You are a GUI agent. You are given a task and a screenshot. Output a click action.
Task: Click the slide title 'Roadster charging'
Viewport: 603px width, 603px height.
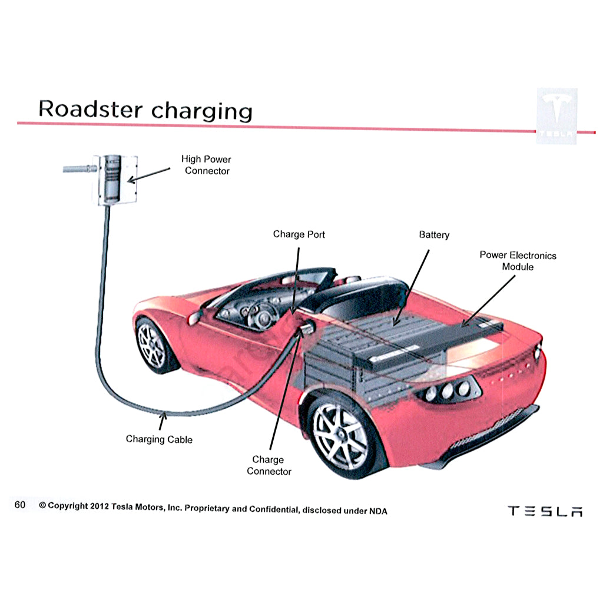pyautogui.click(x=145, y=110)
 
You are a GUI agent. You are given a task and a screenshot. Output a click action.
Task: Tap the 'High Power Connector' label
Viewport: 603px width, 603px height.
pyautogui.click(x=206, y=165)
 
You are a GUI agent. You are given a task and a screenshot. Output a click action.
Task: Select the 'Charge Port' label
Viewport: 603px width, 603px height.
pyautogui.click(x=299, y=234)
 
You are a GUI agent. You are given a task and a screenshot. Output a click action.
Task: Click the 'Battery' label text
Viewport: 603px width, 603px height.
pyautogui.click(x=434, y=235)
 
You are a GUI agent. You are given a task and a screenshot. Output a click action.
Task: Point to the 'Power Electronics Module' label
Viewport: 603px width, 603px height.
pyautogui.click(x=518, y=261)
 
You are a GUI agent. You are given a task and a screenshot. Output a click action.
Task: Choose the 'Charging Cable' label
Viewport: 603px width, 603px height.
pyautogui.click(x=159, y=439)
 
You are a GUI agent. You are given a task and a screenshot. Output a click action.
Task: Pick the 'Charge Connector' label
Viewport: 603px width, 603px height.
pyautogui.click(x=269, y=465)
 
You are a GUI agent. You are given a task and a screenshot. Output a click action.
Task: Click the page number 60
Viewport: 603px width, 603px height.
pyautogui.click(x=20, y=505)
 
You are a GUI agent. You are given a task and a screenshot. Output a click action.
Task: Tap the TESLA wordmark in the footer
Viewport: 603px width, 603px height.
pyautogui.click(x=545, y=511)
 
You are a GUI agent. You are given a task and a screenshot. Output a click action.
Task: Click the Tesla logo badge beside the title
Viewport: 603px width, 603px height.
pyautogui.click(x=556, y=116)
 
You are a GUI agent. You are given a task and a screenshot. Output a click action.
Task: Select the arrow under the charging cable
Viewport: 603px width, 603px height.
pyautogui.click(x=163, y=420)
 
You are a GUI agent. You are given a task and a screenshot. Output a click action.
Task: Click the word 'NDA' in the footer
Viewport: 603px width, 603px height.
pyautogui.click(x=377, y=511)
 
